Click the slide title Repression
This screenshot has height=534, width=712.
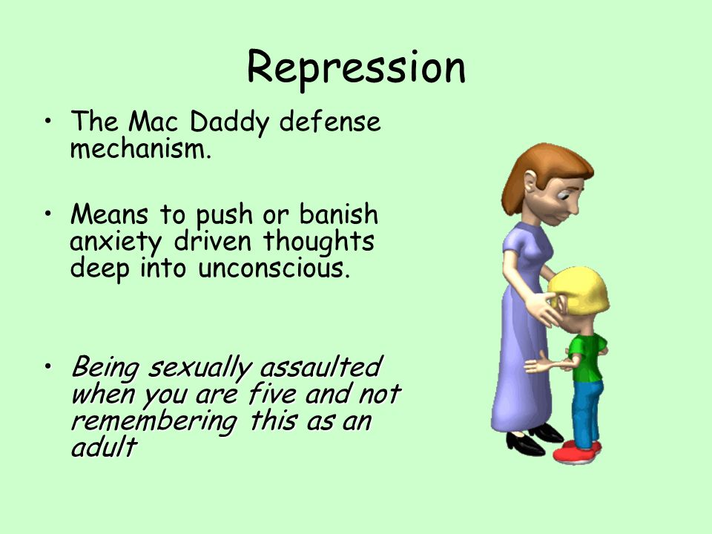357,69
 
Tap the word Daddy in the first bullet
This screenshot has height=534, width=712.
229,122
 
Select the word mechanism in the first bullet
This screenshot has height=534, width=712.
141,148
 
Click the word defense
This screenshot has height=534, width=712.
329,121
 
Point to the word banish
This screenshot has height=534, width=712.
338,214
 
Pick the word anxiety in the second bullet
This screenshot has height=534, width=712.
116,242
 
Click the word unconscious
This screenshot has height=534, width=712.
274,268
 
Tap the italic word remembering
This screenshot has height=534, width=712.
154,422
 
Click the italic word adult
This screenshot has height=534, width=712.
104,446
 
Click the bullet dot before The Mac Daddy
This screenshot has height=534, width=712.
47,121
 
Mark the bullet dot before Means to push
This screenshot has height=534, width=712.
47,214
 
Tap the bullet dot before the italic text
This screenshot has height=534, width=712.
47,366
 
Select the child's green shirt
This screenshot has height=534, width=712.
587,357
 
